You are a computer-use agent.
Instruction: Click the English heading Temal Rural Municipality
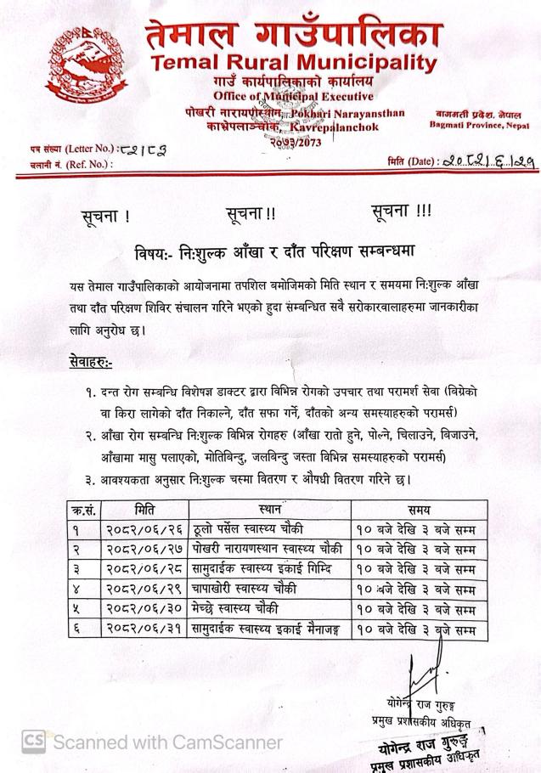point(293,63)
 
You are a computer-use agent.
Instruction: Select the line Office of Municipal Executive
point(294,95)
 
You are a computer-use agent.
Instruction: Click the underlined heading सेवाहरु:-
point(92,364)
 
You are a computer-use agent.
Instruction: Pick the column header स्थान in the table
point(273,510)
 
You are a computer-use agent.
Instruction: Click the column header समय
point(417,510)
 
